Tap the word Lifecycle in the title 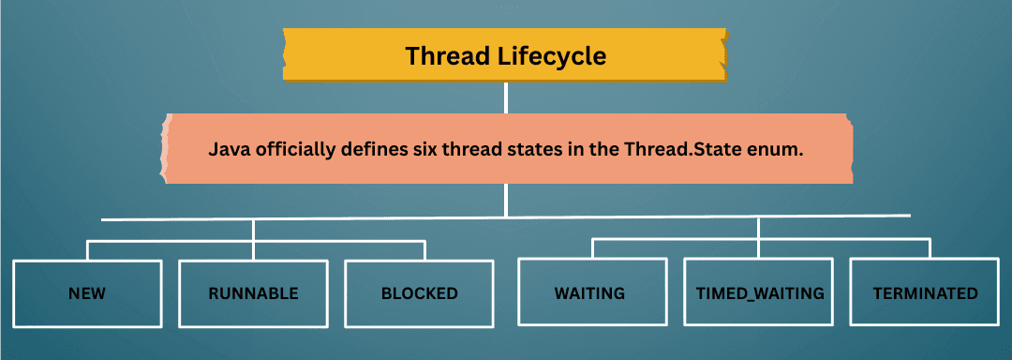click(553, 57)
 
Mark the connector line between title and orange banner click(506, 97)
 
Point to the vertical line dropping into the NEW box click(88, 250)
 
